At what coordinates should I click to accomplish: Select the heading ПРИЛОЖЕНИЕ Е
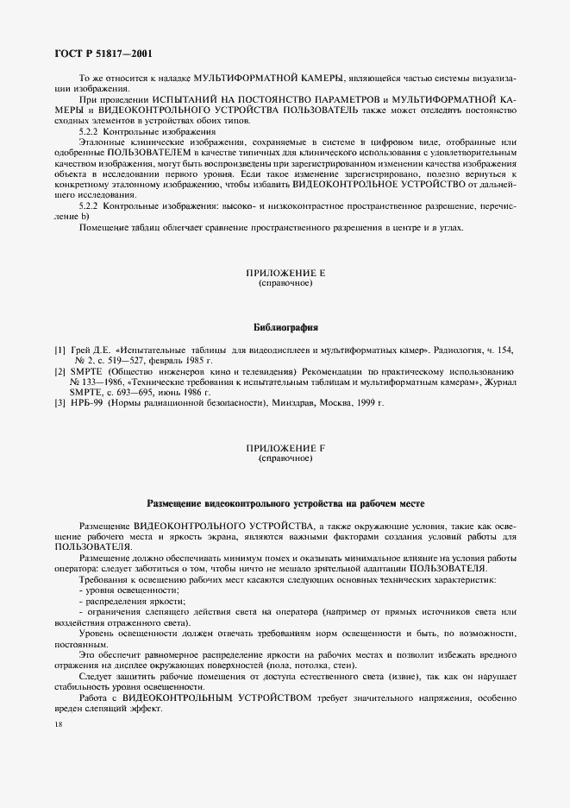[285, 273]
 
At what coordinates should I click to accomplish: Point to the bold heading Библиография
[285, 328]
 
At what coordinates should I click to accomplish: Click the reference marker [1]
[60, 350]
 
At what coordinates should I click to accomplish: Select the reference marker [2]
[60, 370]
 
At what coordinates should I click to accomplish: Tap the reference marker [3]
[60, 402]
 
